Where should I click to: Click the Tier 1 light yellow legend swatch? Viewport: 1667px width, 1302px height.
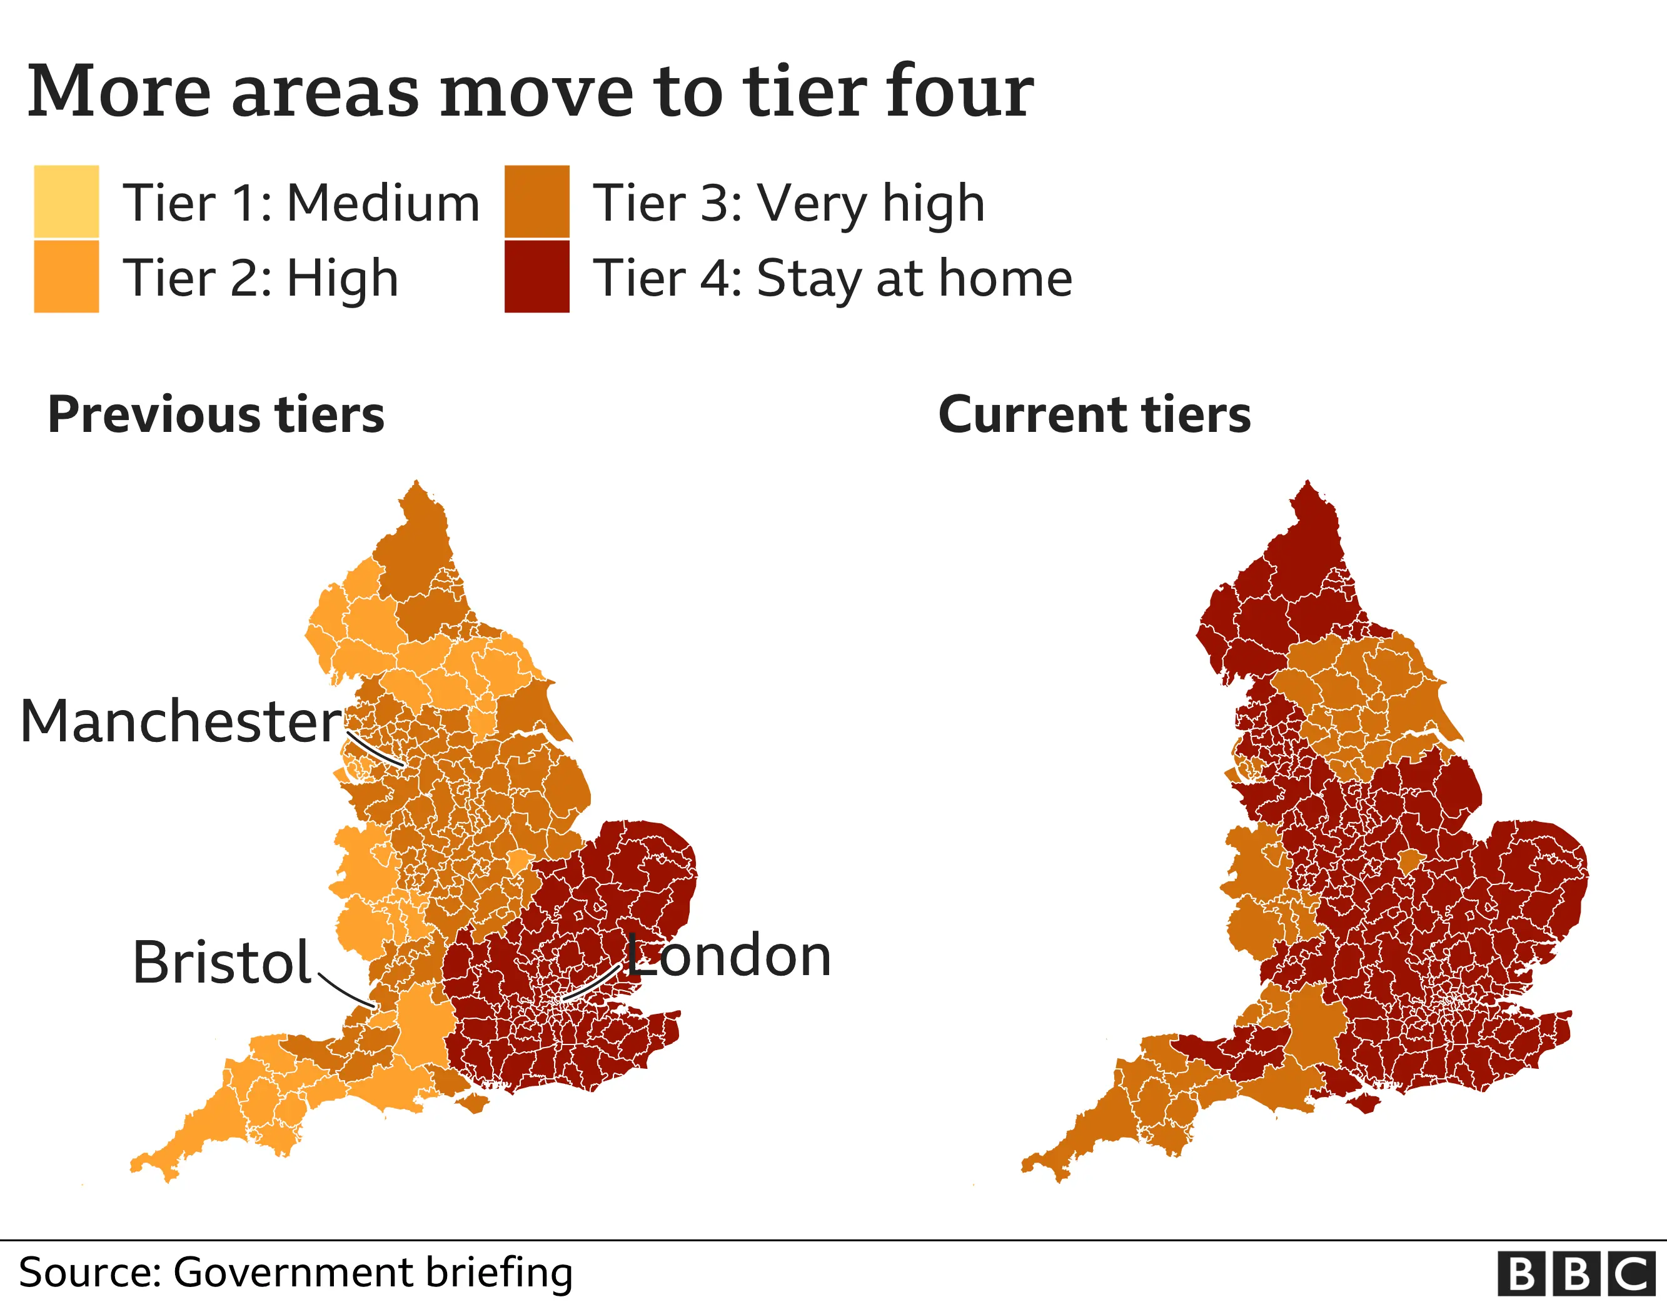tap(66, 201)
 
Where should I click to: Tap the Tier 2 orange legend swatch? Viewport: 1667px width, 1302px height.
tap(66, 276)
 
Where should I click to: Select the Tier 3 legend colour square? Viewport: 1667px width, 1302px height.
tap(536, 201)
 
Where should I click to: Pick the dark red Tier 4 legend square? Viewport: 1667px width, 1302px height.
tap(536, 276)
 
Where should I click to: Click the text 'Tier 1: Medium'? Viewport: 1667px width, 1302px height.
tap(301, 204)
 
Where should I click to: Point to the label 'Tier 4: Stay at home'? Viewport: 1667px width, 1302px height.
tap(832, 279)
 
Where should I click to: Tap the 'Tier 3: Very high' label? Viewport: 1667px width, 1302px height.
tap(788, 204)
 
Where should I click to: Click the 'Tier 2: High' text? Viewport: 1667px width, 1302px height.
tap(260, 279)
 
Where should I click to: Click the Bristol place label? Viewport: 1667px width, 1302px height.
tap(221, 963)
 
